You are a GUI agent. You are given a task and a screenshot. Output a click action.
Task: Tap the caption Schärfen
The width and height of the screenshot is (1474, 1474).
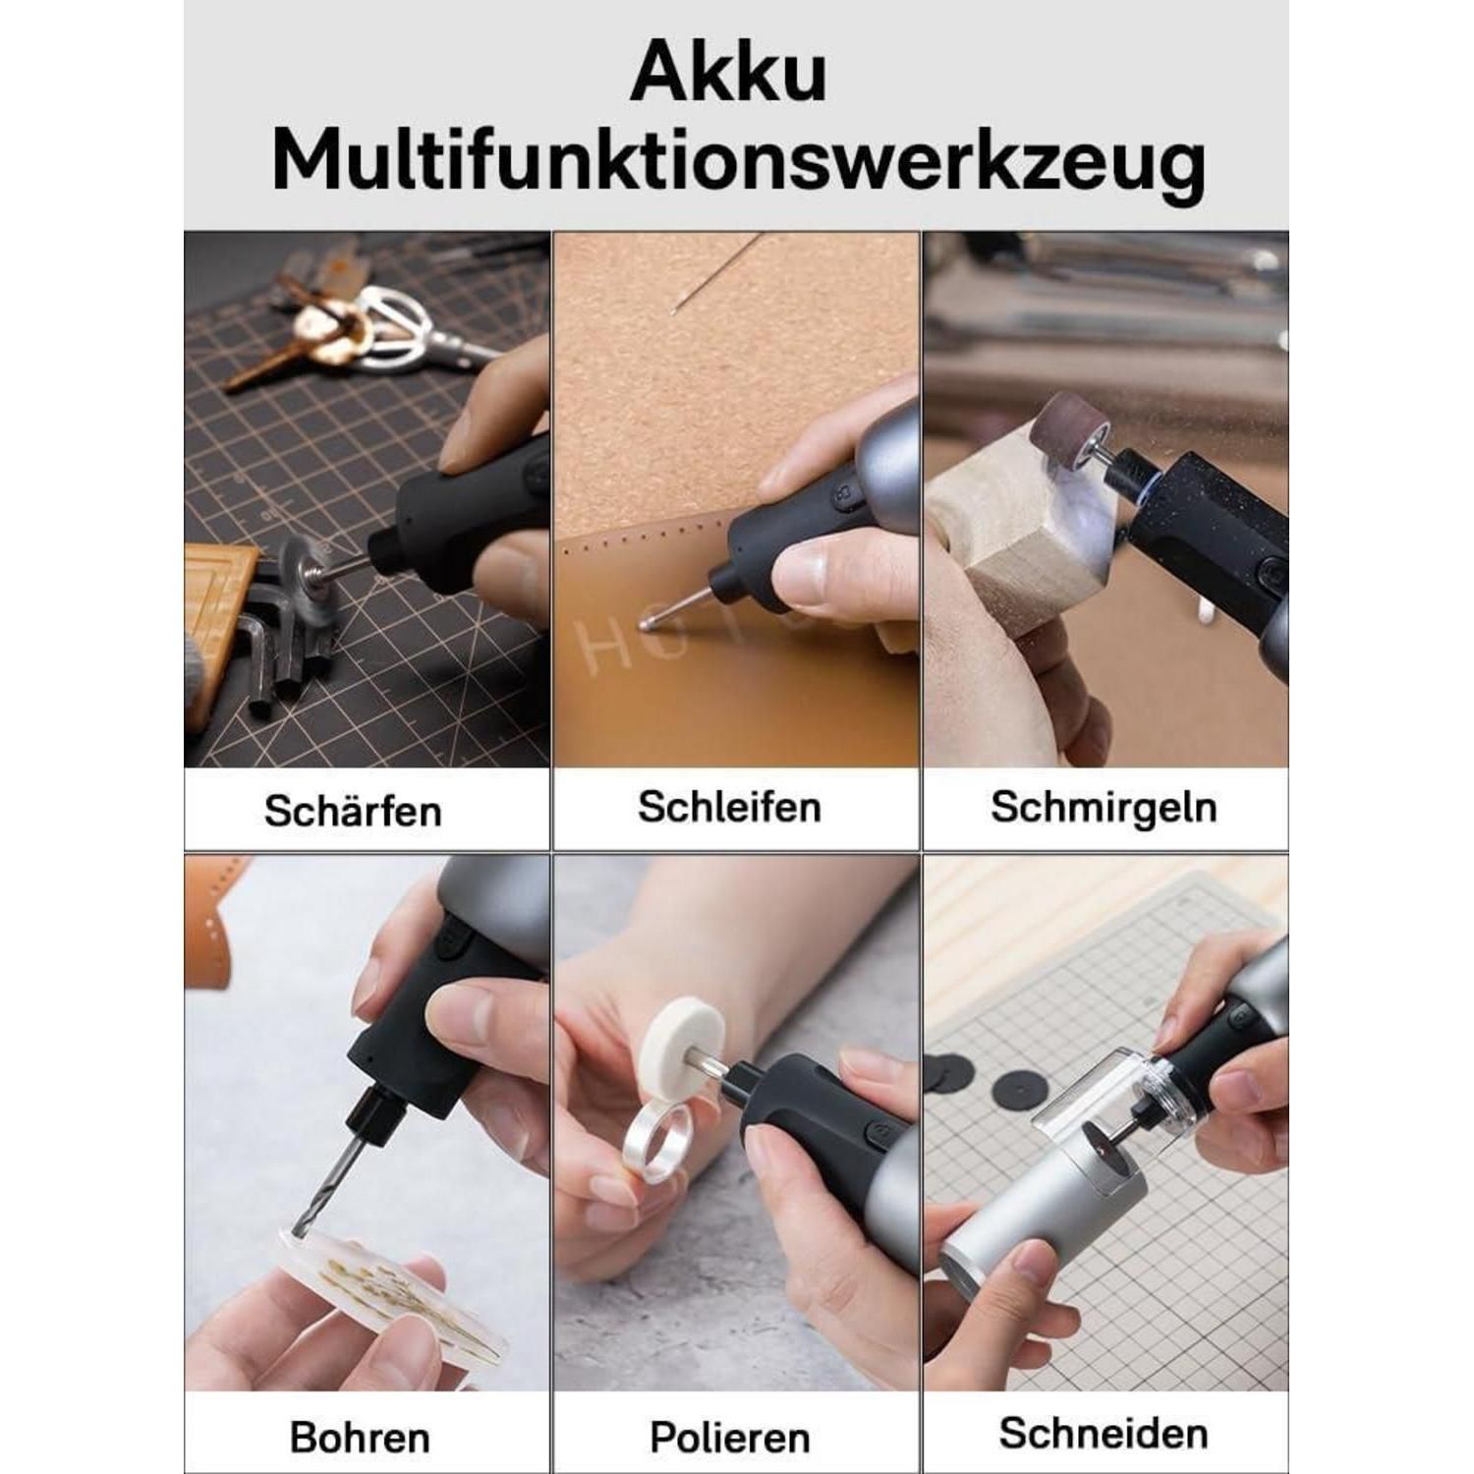click(353, 811)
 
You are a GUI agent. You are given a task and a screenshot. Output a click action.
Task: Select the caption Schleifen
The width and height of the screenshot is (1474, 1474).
click(729, 807)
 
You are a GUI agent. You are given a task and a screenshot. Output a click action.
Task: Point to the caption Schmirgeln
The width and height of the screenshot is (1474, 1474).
click(1104, 808)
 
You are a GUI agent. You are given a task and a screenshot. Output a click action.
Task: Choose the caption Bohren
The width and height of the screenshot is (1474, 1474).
click(360, 1438)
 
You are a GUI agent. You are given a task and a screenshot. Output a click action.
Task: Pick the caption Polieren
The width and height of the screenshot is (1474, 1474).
click(730, 1438)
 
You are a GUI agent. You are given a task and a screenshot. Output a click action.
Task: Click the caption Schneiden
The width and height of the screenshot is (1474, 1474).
click(1104, 1434)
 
